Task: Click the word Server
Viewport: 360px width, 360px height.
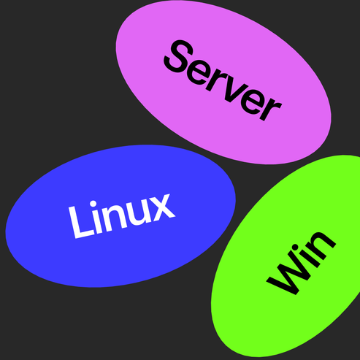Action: pyautogui.click(x=222, y=80)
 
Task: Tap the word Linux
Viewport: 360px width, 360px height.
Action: pyautogui.click(x=122, y=216)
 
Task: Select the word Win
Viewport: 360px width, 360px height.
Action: pyautogui.click(x=302, y=263)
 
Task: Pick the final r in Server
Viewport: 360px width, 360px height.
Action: pyautogui.click(x=272, y=110)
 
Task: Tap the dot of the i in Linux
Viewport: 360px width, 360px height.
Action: pyautogui.click(x=93, y=204)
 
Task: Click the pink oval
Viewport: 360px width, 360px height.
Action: pyautogui.click(x=223, y=82)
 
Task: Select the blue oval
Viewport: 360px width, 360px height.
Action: pyautogui.click(x=120, y=216)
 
